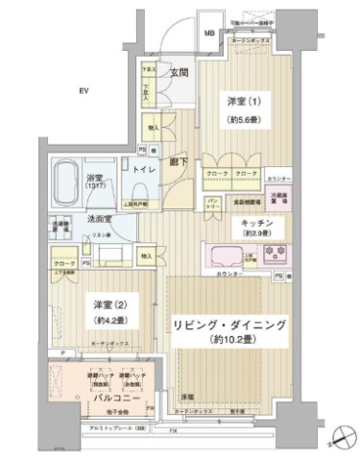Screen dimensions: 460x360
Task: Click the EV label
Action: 84,90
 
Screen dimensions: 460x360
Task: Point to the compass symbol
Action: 340,440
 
